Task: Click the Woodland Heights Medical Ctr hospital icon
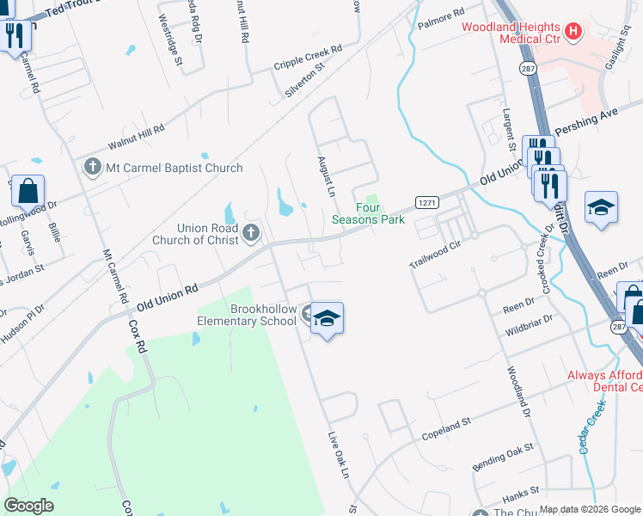(x=573, y=33)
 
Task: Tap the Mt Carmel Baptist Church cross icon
(x=92, y=166)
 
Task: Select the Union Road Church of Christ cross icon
(x=251, y=232)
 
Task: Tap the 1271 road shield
(x=427, y=202)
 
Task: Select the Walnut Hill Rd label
(x=135, y=135)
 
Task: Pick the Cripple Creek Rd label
(x=308, y=58)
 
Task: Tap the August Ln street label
(x=325, y=175)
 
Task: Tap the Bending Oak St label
(x=503, y=458)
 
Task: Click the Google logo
(x=29, y=506)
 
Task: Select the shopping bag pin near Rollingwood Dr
(x=28, y=190)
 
